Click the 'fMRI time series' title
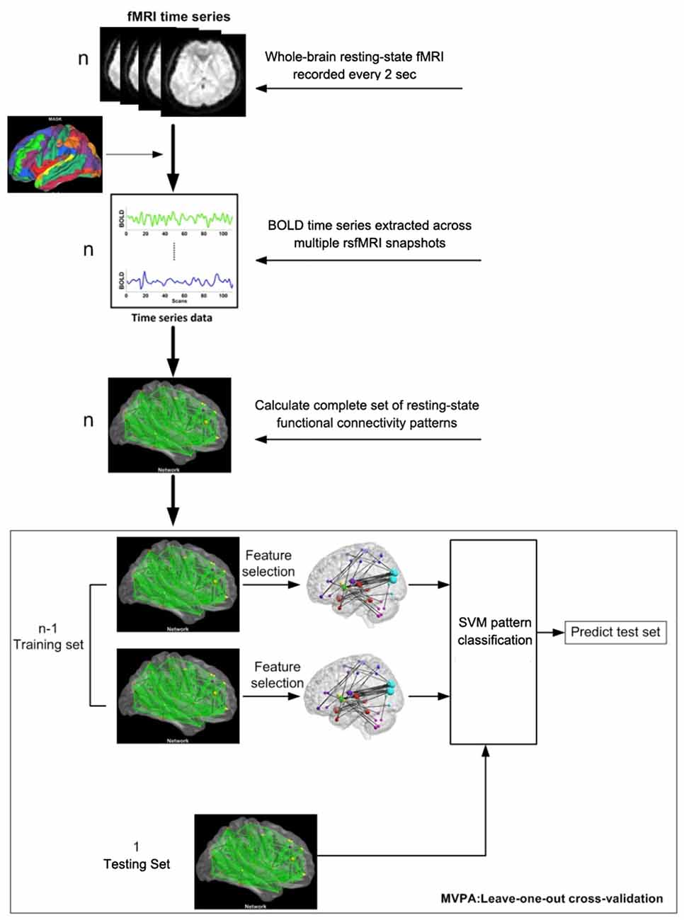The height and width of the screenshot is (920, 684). click(x=178, y=16)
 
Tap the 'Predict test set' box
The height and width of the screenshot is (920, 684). click(x=615, y=632)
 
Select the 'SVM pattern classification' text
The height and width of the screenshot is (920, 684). click(x=494, y=631)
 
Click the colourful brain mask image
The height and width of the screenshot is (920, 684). click(x=55, y=154)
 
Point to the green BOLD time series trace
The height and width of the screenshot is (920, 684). click(x=179, y=218)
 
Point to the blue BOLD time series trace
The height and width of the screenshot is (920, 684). click(x=179, y=280)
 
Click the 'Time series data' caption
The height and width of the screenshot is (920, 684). click(x=171, y=318)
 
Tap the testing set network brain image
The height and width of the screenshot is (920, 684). click(x=256, y=861)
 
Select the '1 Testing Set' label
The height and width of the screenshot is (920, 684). click(x=137, y=855)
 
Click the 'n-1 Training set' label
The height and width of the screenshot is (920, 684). click(x=48, y=636)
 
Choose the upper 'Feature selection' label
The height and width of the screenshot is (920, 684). click(x=268, y=563)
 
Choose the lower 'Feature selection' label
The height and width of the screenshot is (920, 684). click(x=277, y=674)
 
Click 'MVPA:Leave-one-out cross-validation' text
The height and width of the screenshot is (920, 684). click(x=552, y=898)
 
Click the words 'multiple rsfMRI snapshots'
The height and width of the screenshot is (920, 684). click(x=370, y=243)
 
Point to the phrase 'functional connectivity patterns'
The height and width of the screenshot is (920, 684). click(x=367, y=423)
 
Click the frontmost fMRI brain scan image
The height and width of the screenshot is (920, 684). click(x=203, y=76)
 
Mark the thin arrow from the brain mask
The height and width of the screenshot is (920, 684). click(x=135, y=154)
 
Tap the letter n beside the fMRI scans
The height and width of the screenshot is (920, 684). click(x=83, y=58)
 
